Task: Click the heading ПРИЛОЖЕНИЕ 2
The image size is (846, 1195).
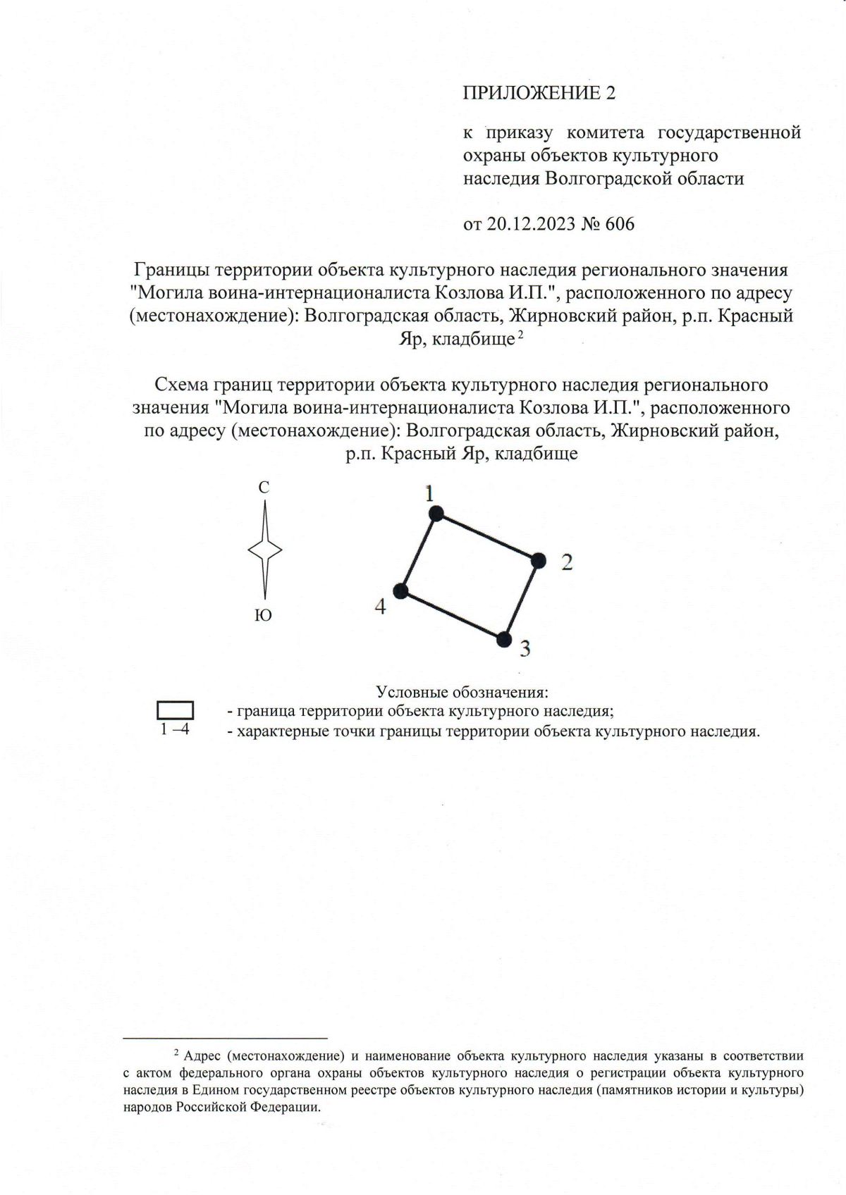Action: tap(539, 93)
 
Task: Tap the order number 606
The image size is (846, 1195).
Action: tap(620, 224)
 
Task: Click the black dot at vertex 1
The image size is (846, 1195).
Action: tap(436, 514)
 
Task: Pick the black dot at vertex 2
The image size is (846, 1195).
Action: tap(539, 560)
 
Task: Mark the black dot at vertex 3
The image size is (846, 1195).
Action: tap(503, 639)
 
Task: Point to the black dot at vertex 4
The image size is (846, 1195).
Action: tap(401, 590)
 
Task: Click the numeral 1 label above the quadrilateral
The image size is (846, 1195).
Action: tap(429, 494)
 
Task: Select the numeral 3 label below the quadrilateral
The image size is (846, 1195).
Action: tap(525, 649)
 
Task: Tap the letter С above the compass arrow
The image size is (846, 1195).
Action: tap(264, 488)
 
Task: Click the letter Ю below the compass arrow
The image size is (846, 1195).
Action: tap(263, 616)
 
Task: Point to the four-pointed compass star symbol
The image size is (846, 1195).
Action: tap(264, 550)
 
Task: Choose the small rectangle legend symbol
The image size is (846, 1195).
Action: tap(175, 710)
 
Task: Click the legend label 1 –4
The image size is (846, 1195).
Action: tap(175, 729)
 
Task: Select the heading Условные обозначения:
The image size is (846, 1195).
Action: tap(462, 692)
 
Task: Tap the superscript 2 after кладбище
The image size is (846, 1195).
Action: tap(520, 335)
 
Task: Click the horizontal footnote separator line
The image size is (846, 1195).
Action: tap(226, 1038)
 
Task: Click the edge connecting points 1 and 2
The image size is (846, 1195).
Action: tap(487, 537)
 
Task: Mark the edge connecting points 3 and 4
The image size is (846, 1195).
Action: tap(452, 614)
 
